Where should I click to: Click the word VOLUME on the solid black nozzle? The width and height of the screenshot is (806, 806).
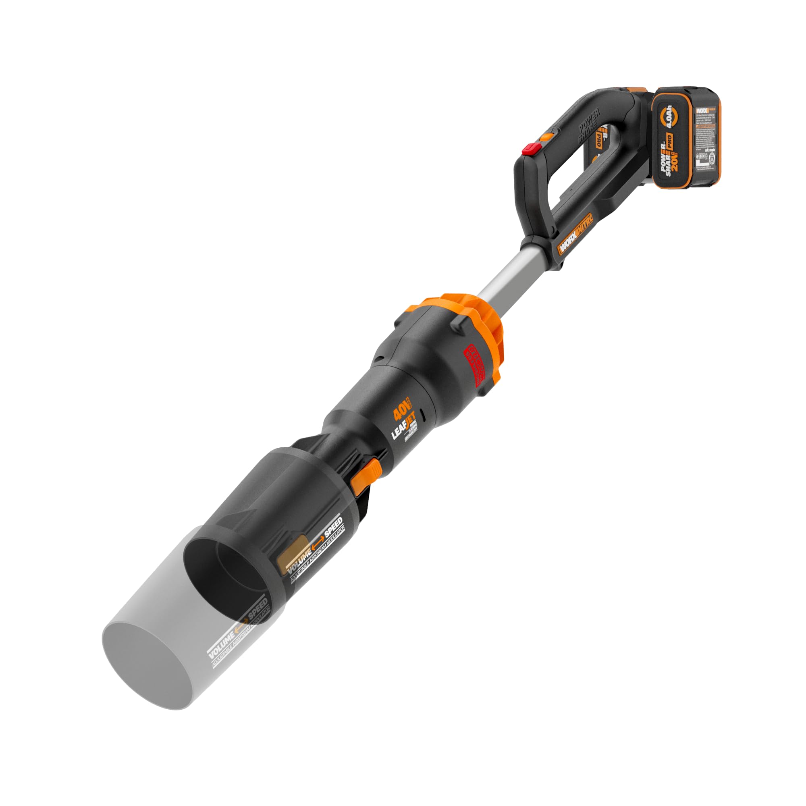297,559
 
